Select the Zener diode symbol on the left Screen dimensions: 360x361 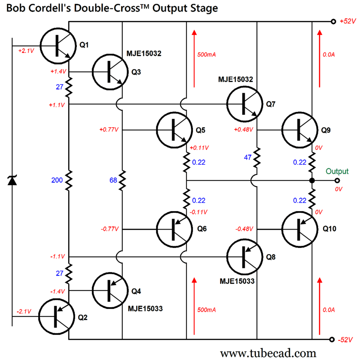point(12,180)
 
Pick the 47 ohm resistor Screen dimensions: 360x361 point(257,157)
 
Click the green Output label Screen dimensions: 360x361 point(337,171)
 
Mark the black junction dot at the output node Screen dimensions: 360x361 point(312,180)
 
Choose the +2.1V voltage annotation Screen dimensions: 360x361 point(26,51)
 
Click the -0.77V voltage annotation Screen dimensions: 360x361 point(109,229)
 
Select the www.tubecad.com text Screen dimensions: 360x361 point(268,352)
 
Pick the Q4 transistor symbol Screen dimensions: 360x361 point(110,290)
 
